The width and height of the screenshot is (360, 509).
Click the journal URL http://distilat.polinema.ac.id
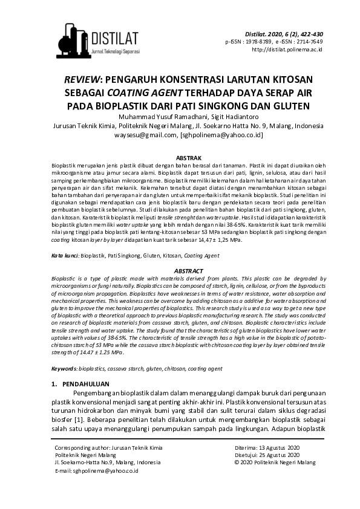(286, 50)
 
